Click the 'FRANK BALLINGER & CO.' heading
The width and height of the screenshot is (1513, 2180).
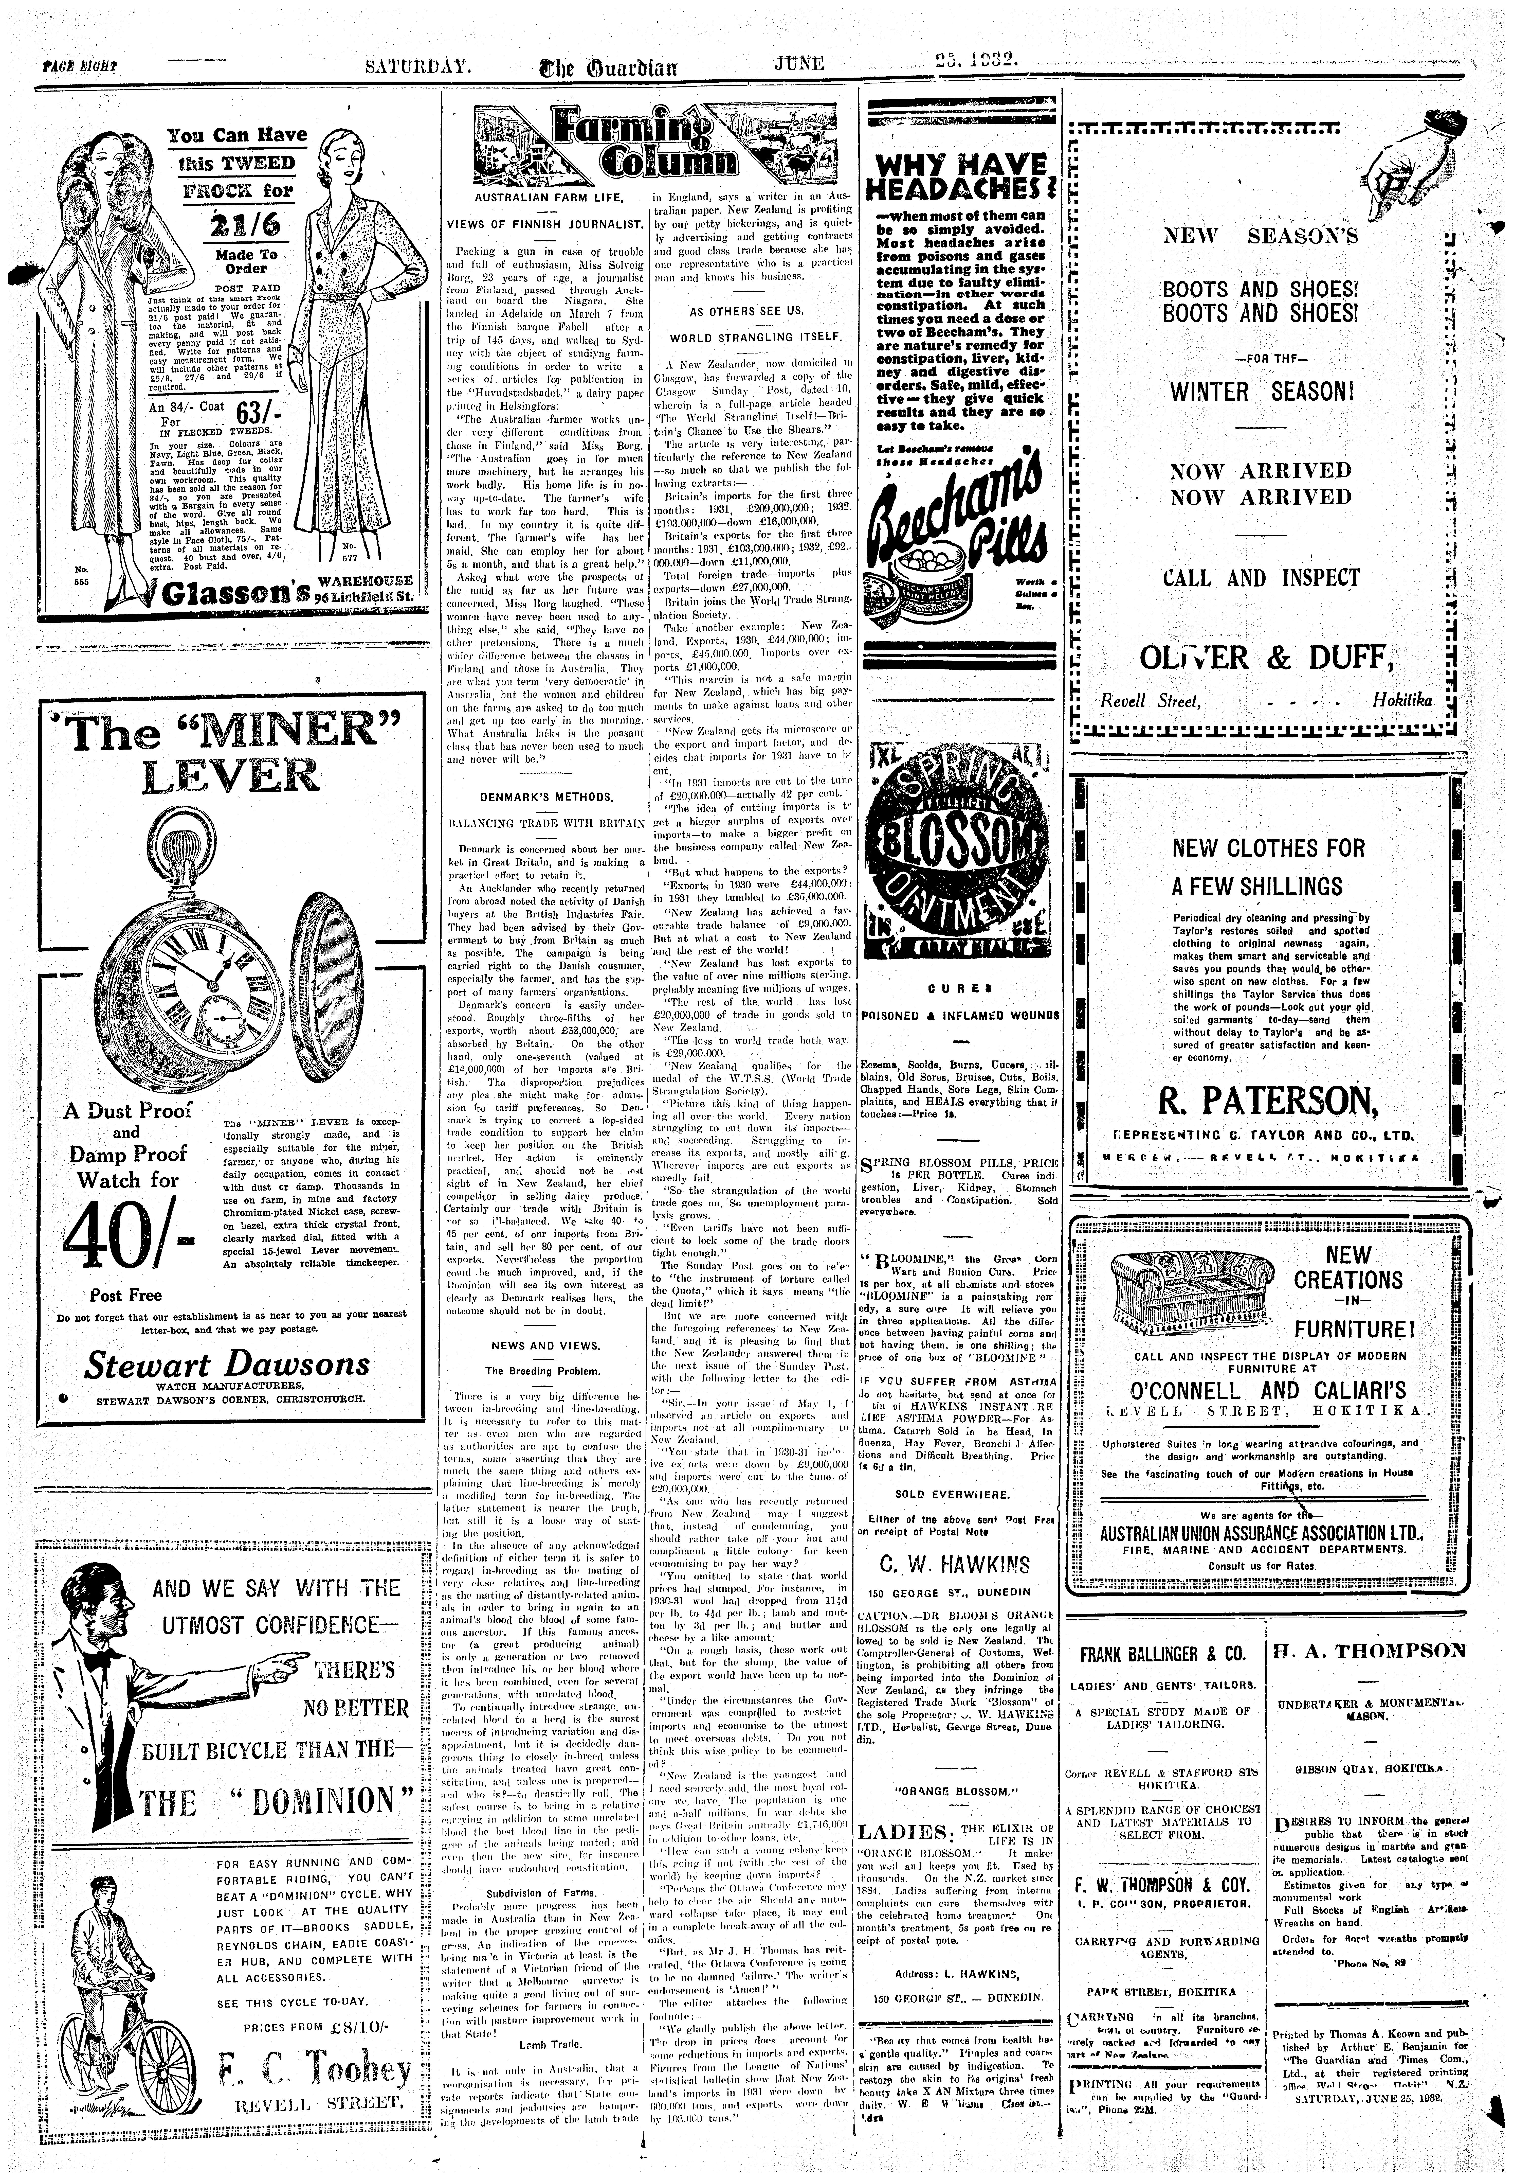tap(1162, 1655)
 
